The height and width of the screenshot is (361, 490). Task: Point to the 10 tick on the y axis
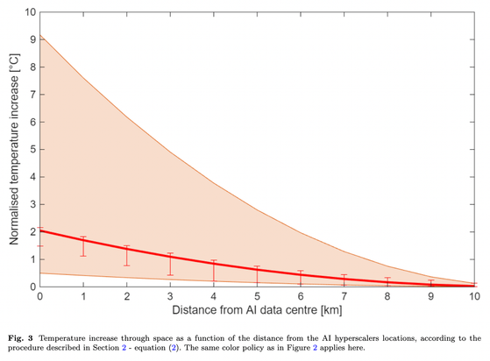coord(29,13)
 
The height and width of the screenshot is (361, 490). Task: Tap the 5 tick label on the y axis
coord(32,149)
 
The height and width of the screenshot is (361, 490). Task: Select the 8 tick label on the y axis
coord(32,67)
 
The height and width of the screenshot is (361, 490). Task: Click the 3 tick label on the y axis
coord(32,204)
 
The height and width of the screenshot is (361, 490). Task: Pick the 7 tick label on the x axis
coord(344,297)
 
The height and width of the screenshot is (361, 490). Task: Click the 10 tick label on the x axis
coord(474,297)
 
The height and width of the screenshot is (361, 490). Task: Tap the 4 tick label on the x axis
coord(213,297)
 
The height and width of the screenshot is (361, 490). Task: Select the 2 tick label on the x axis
coord(126,297)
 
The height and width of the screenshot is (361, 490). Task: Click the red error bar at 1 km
coord(83,246)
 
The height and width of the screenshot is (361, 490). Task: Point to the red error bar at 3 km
coord(170,264)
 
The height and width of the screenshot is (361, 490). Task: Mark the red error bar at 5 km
coord(257,275)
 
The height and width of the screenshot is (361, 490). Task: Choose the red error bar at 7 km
coord(344,280)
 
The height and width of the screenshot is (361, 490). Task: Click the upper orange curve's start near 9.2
coord(40,35)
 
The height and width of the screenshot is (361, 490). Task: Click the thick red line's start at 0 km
coord(40,231)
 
